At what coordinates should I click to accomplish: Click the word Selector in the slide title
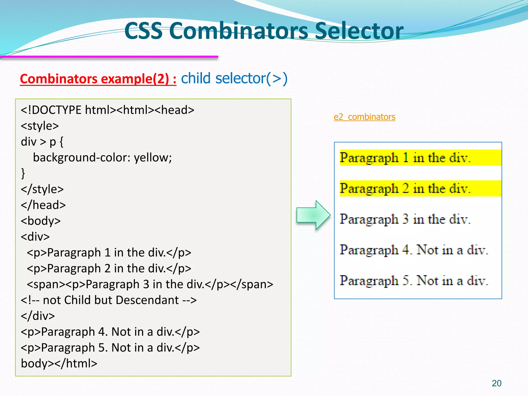pyautogui.click(x=359, y=31)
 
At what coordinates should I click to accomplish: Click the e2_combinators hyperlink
pyautogui.click(x=364, y=117)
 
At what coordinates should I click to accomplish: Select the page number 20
pyautogui.click(x=496, y=383)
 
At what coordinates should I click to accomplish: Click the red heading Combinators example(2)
pyautogui.click(x=98, y=79)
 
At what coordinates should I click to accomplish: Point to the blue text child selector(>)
pyautogui.click(x=234, y=78)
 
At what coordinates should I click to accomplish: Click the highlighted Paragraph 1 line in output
pyautogui.click(x=405, y=158)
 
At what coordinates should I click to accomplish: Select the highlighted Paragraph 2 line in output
pyautogui.click(x=405, y=188)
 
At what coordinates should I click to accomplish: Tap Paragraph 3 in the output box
pyautogui.click(x=405, y=219)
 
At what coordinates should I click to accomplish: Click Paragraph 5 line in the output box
pyautogui.click(x=414, y=280)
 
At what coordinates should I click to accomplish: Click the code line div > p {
pyautogui.click(x=42, y=142)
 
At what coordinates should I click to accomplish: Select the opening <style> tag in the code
pyautogui.click(x=40, y=126)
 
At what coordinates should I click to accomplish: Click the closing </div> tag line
pyautogui.click(x=38, y=316)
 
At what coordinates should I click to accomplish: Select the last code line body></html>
pyautogui.click(x=59, y=364)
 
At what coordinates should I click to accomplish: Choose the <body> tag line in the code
pyautogui.click(x=41, y=221)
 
